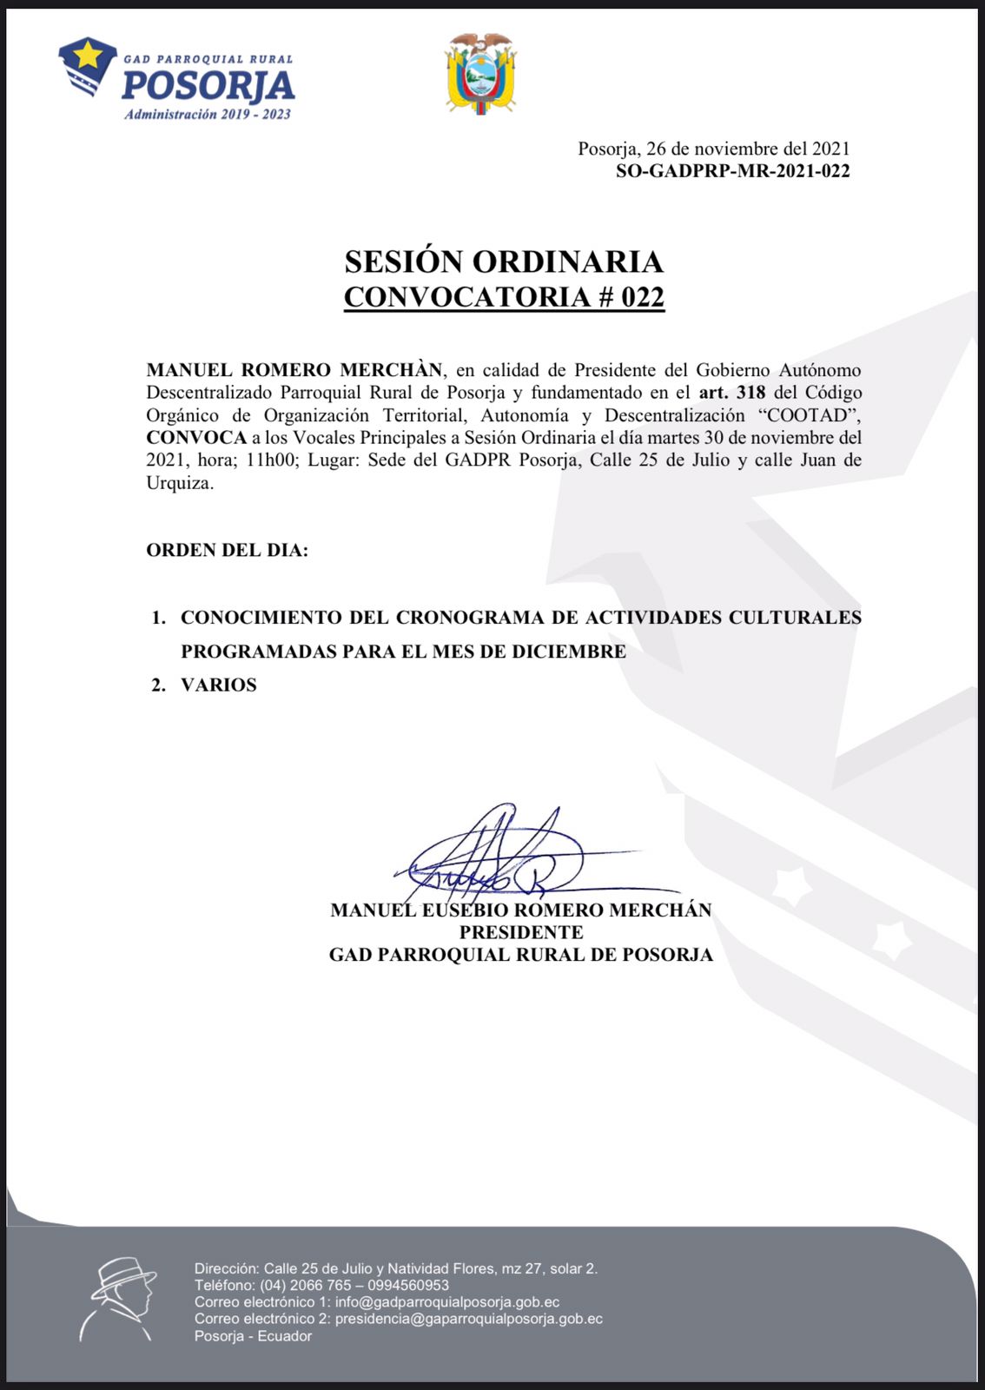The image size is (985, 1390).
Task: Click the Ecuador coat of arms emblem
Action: click(480, 74)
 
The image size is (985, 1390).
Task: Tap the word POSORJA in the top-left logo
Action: click(208, 86)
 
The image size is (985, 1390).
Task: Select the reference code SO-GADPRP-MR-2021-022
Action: click(732, 171)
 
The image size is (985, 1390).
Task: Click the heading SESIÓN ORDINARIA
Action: click(504, 261)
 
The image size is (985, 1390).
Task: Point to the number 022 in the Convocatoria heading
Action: click(643, 297)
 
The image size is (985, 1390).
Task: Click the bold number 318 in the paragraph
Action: click(750, 393)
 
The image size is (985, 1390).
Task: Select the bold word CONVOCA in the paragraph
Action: click(196, 438)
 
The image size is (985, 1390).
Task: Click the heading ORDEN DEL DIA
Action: click(227, 550)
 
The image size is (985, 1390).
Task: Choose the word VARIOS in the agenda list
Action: click(219, 685)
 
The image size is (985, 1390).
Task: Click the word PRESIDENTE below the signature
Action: click(521, 932)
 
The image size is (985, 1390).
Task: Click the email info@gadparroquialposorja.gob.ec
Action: click(447, 1302)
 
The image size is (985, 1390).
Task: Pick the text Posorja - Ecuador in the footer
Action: click(253, 1336)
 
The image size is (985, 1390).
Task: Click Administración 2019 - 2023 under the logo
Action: click(208, 115)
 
